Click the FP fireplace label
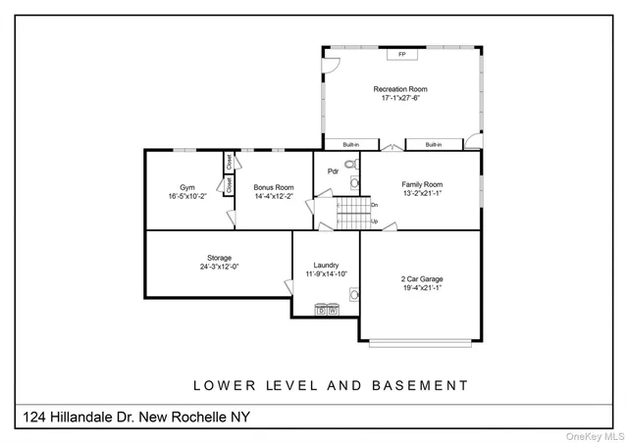pyautogui.click(x=401, y=54)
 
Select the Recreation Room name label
pyautogui.click(x=400, y=89)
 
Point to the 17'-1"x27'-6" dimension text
pyautogui.click(x=400, y=98)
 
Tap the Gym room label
pyautogui.click(x=186, y=187)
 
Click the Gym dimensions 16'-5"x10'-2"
pyautogui.click(x=186, y=196)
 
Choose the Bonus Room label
pyautogui.click(x=273, y=187)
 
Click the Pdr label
pyautogui.click(x=333, y=171)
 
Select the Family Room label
pyautogui.click(x=422, y=184)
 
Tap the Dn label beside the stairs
pyautogui.click(x=374, y=205)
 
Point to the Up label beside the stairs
pyautogui.click(x=374, y=221)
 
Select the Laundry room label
pyautogui.click(x=327, y=265)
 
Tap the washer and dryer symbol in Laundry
pyautogui.click(x=327, y=310)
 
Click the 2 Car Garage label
pyautogui.click(x=423, y=280)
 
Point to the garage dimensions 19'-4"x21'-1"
pyautogui.click(x=423, y=289)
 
